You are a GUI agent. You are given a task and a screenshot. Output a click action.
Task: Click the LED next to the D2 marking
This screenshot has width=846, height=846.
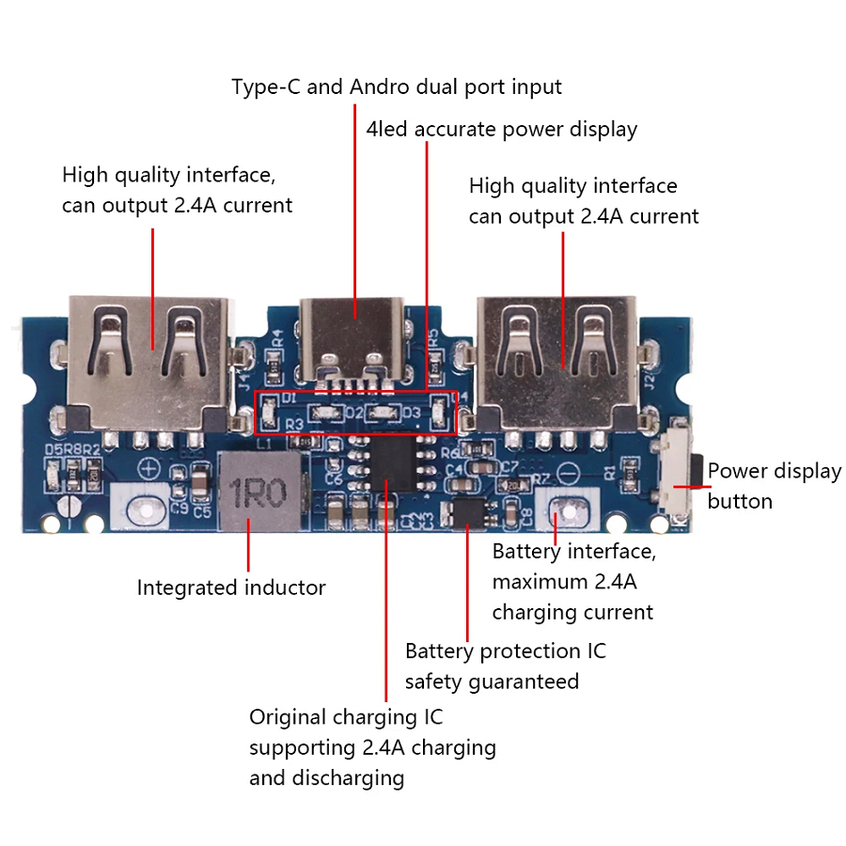click(328, 413)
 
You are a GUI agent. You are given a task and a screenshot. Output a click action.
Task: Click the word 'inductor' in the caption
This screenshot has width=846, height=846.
click(285, 588)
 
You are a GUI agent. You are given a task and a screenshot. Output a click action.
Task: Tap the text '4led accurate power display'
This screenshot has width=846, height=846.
click(501, 129)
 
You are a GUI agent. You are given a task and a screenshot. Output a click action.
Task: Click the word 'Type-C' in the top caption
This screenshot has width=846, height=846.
click(266, 87)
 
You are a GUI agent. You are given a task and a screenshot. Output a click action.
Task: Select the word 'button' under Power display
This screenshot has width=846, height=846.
click(740, 502)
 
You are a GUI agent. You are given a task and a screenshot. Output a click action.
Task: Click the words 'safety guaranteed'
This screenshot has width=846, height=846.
click(492, 681)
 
